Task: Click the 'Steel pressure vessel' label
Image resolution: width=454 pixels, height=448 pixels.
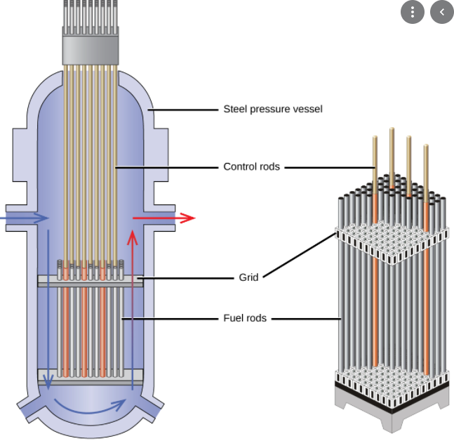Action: [x=273, y=110]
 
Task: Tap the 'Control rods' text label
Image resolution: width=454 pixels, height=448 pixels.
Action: [x=252, y=166]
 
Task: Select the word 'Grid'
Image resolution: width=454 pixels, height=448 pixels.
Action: [x=248, y=277]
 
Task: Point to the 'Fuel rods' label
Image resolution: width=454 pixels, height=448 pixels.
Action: [x=245, y=318]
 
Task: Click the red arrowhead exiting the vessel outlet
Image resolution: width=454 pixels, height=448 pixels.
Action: [x=187, y=218]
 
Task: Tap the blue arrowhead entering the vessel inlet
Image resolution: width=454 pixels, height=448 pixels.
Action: [x=41, y=218]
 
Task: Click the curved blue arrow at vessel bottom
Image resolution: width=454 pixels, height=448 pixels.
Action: [x=90, y=408]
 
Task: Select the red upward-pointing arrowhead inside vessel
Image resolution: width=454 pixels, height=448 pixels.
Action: [x=133, y=237]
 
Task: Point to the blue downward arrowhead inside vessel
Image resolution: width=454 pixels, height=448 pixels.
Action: [x=48, y=381]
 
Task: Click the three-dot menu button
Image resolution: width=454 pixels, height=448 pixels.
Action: [x=413, y=12]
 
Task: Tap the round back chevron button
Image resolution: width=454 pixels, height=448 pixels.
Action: [x=442, y=12]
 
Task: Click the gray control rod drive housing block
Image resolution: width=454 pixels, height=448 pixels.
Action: [x=91, y=50]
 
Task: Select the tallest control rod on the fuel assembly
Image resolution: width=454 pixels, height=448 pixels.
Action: [x=392, y=158]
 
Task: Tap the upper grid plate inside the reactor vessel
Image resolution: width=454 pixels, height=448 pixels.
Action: [x=91, y=281]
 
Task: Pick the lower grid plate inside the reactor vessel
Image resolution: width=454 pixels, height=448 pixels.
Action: [x=91, y=377]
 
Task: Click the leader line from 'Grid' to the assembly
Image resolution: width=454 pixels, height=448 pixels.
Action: [x=299, y=256]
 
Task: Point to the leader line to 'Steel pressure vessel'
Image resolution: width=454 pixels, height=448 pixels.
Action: [x=182, y=110]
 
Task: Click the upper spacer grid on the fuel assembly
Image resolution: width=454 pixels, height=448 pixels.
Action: [x=392, y=244]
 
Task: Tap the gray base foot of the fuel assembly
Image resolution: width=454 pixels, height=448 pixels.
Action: [x=392, y=417]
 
